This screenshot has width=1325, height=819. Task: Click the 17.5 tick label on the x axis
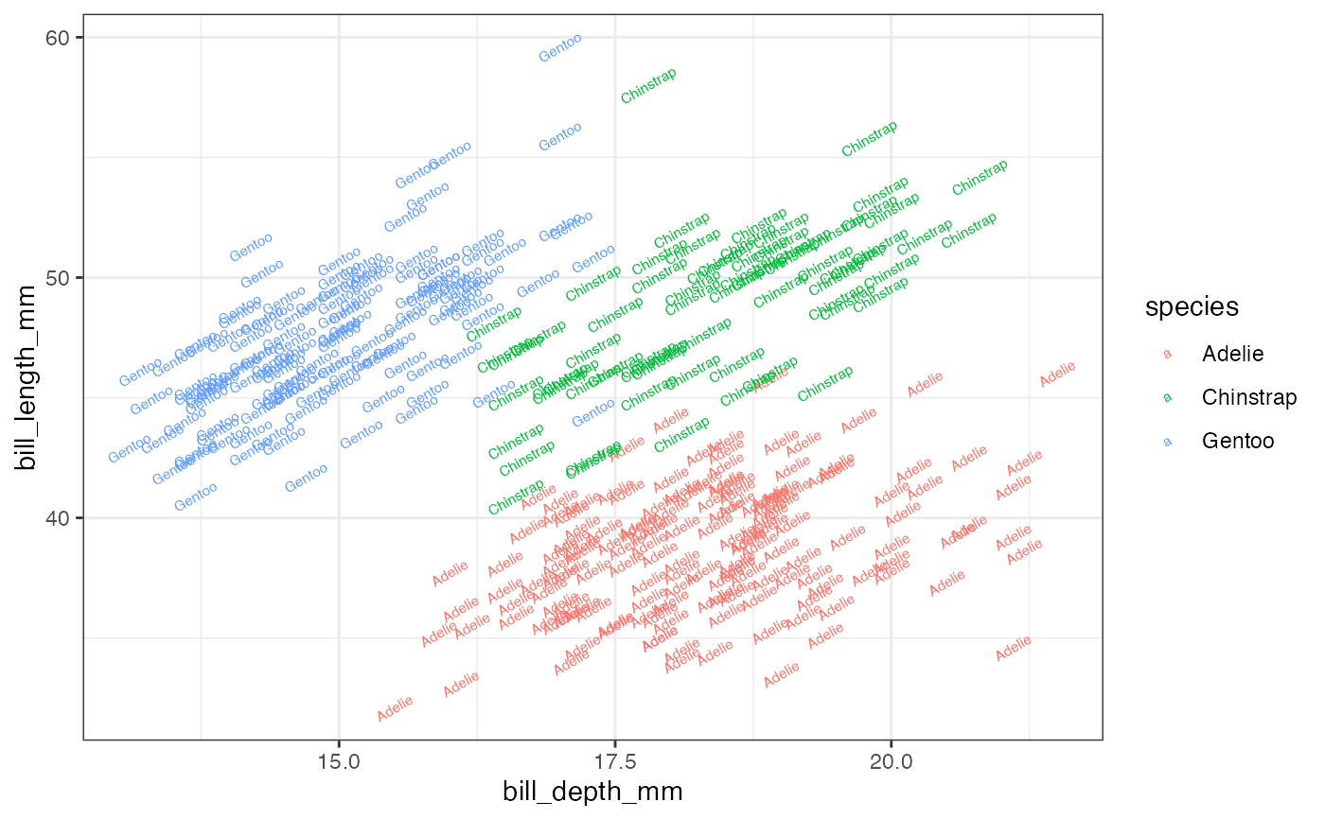(x=614, y=762)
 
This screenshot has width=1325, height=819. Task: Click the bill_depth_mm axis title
(x=592, y=792)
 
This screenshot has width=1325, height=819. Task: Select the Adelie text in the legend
(x=1232, y=355)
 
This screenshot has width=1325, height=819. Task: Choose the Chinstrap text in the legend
(x=1249, y=397)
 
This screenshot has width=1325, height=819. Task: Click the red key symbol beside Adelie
(x=1167, y=355)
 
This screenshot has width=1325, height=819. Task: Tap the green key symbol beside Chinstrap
(x=1167, y=397)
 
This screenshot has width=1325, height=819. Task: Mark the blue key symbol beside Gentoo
(x=1167, y=440)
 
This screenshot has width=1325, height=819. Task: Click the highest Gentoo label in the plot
(x=560, y=47)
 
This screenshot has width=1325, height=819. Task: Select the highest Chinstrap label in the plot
(x=648, y=85)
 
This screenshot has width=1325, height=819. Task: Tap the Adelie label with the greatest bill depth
(x=1058, y=375)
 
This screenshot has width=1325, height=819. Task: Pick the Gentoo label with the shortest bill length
(x=196, y=497)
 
